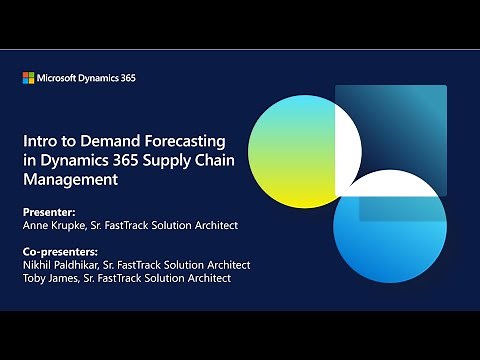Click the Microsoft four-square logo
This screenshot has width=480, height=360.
(x=28, y=77)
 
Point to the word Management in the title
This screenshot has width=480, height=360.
(x=71, y=180)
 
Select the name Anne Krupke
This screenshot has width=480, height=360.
(x=55, y=225)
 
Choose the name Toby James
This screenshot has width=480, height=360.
(x=49, y=278)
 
